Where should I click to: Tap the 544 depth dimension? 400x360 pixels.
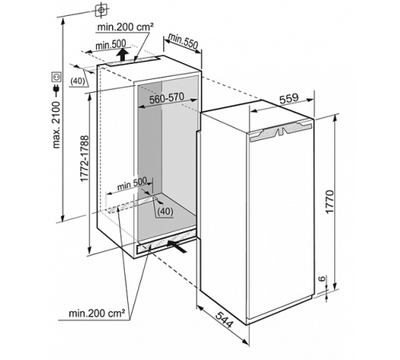pyautogui.click(x=226, y=323)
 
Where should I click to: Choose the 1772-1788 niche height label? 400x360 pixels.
pyautogui.click(x=85, y=160)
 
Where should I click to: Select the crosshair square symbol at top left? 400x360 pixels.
pyautogui.click(x=101, y=10)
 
